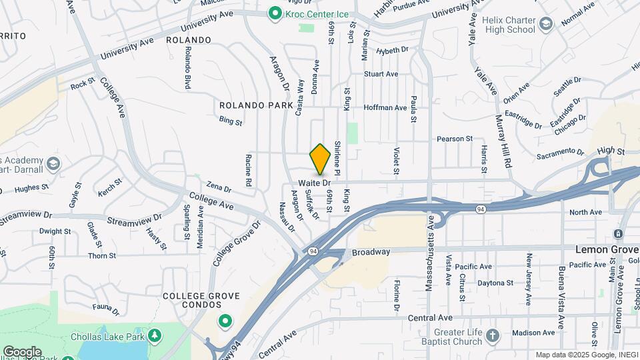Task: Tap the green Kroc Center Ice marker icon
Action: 273,13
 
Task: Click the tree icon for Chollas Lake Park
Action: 155,334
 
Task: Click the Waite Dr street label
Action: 315,182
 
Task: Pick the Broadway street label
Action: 371,252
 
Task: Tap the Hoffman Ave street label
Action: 385,107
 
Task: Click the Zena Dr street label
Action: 218,188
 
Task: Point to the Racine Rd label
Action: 248,171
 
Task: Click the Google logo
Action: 22,351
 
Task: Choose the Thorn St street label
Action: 102,255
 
